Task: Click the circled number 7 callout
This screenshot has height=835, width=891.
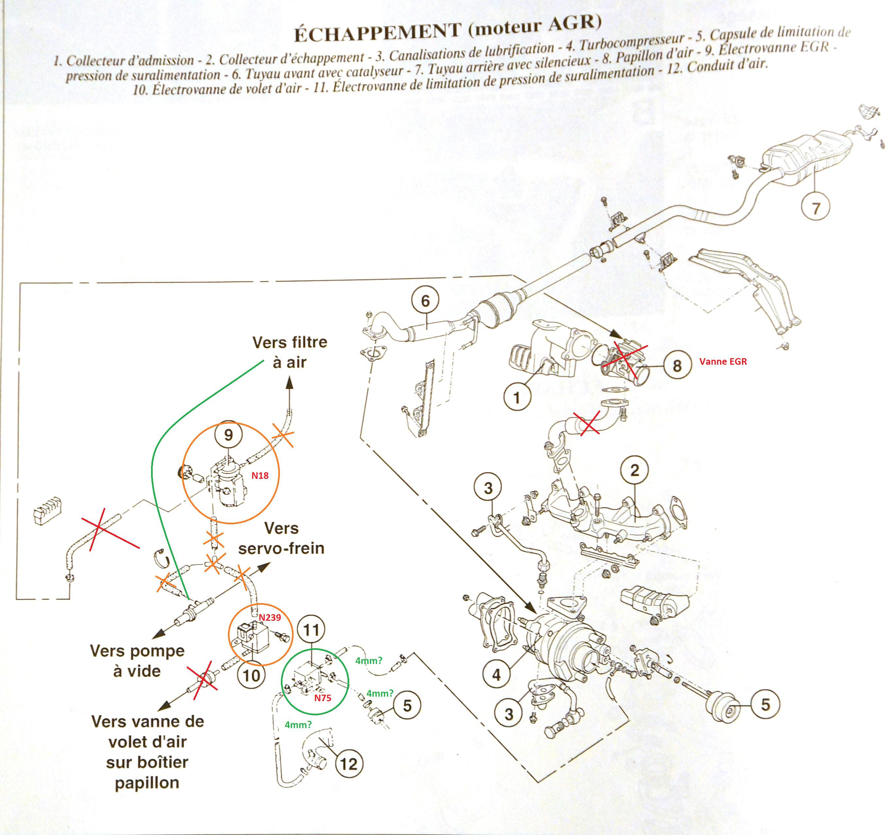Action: (815, 208)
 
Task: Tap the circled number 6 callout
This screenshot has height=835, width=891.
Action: (425, 301)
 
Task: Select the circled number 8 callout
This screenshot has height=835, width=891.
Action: (677, 365)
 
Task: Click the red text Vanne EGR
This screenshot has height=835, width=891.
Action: (723, 361)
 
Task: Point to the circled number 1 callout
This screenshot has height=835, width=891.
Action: (517, 397)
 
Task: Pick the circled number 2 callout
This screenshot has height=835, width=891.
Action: (635, 470)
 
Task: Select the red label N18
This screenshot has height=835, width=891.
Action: (260, 476)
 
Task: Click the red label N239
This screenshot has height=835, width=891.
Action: (269, 618)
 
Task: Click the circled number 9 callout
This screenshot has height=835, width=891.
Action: (229, 435)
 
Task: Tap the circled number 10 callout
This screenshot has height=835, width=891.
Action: (251, 675)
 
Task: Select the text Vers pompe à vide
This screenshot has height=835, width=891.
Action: (137, 661)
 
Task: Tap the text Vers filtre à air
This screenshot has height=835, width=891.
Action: (289, 352)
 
